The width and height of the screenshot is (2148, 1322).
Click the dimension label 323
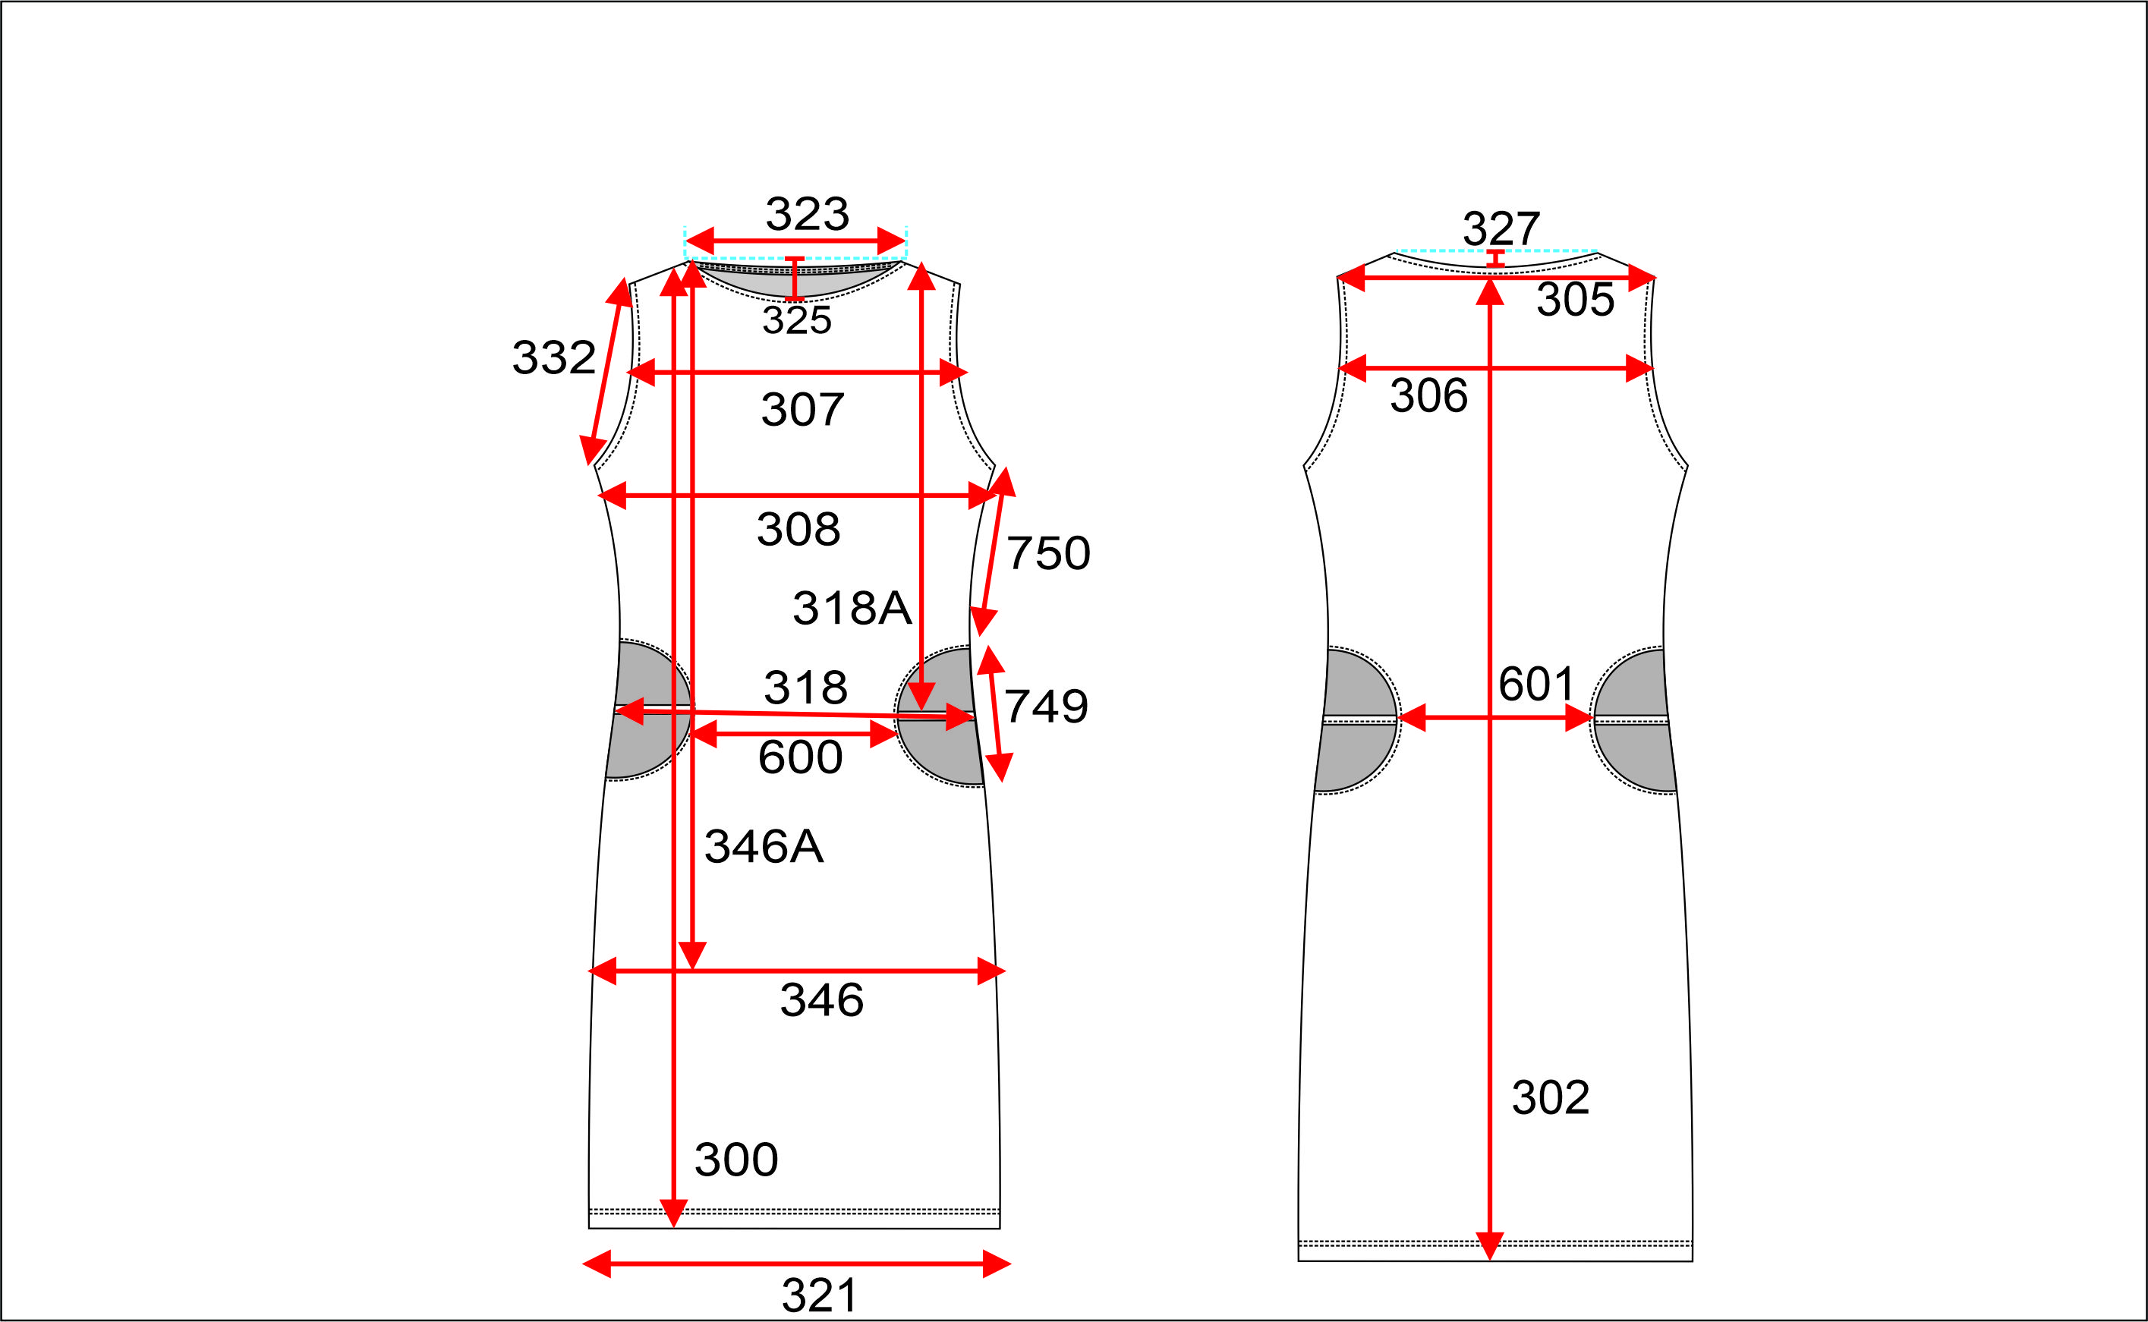807,214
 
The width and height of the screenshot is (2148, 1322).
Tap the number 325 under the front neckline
796,320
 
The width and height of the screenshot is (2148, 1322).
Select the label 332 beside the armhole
553,357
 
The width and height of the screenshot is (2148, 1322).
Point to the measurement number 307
802,409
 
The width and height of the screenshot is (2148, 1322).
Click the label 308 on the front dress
798,529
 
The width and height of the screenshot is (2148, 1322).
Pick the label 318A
852,608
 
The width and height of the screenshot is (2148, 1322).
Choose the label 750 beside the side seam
1048,552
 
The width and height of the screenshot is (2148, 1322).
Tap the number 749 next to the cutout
1046,706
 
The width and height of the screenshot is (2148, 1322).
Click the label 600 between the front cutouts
800,757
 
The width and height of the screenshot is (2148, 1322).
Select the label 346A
764,846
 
